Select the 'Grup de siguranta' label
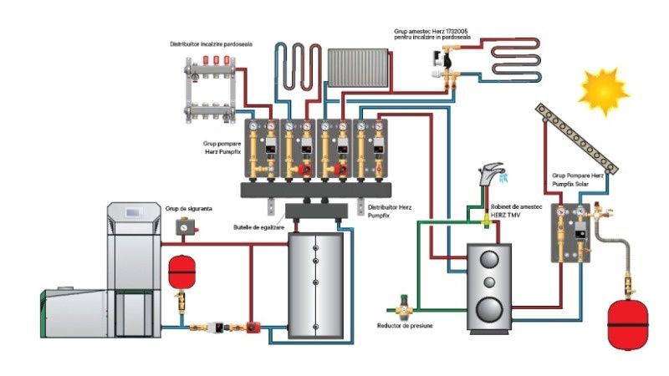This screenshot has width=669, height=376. pyautogui.click(x=185, y=208)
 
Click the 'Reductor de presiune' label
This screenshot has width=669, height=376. pyautogui.click(x=405, y=324)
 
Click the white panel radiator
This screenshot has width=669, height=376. pyautogui.click(x=358, y=68)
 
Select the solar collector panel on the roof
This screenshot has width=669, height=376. pyautogui.click(x=580, y=139)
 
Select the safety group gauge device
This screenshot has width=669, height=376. pyautogui.click(x=183, y=226)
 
